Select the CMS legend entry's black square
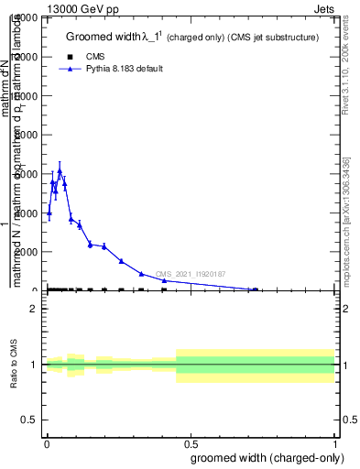(x=71, y=57)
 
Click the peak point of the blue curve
(x=60, y=170)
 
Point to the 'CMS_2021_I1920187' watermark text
(x=191, y=274)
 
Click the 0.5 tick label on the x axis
(x=191, y=442)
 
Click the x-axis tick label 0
(x=46, y=442)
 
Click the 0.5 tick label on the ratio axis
(x=29, y=420)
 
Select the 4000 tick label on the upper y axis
(x=27, y=213)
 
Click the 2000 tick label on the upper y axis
(x=27, y=252)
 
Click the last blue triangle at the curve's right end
(x=255, y=289)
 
